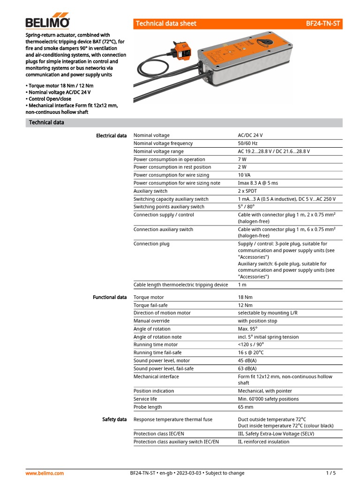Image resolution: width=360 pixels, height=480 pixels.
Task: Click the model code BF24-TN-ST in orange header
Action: pos(323,23)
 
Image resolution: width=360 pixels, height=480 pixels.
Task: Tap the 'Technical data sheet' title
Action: pos(166,23)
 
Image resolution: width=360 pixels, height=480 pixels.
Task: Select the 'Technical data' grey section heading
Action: pos(46,123)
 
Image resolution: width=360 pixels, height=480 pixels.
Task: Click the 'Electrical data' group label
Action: pos(111,136)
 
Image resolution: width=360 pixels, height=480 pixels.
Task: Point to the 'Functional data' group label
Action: pos(110,297)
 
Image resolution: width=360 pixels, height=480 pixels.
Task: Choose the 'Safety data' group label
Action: pos(114,419)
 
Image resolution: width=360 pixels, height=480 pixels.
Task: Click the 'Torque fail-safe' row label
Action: pos(151,305)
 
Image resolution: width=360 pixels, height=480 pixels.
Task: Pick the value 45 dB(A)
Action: pos(247,360)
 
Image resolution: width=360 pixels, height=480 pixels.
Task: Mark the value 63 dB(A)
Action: pos(247,368)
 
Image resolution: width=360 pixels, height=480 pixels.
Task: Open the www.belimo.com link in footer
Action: pos(45,473)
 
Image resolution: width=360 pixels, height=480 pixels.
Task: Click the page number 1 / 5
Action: pos(331,473)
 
